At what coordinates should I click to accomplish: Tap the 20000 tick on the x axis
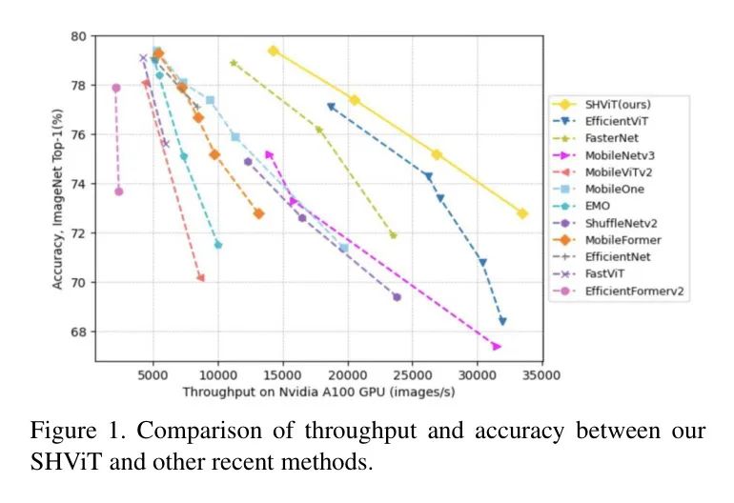[x=348, y=375]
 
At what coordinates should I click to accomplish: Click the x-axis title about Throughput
[x=318, y=392]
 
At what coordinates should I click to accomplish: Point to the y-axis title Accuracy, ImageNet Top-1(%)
[x=58, y=198]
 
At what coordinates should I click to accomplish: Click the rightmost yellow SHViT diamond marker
[x=522, y=213]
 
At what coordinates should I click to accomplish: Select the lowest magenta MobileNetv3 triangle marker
[x=497, y=346]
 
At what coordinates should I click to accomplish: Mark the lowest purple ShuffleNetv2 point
[x=397, y=297]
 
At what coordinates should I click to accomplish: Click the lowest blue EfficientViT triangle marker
[x=502, y=321]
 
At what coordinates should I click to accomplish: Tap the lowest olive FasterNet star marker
[x=393, y=235]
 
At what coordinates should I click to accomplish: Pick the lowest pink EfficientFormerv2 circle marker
[x=119, y=191]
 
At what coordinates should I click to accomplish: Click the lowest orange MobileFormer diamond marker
[x=258, y=213]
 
